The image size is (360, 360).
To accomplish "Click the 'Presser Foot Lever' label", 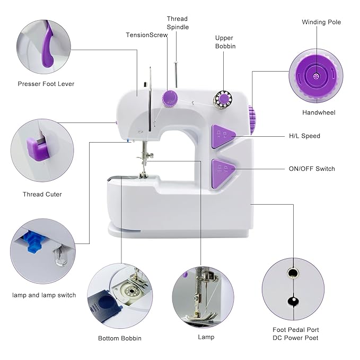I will (x=46, y=84).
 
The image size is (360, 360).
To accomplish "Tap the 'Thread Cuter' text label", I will (x=42, y=194).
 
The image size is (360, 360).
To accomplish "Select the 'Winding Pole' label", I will (x=321, y=22).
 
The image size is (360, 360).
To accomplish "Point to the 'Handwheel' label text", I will (x=319, y=112).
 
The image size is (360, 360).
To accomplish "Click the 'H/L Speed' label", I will (x=304, y=136).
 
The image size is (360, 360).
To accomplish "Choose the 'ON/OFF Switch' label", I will (x=312, y=169).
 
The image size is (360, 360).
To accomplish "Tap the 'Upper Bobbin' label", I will (x=225, y=42).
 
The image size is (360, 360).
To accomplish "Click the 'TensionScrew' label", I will (x=147, y=35).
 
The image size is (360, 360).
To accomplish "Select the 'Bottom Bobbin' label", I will (x=120, y=338).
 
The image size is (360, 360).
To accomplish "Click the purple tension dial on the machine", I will (x=170, y=98).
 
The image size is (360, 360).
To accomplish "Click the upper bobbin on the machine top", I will (x=223, y=99).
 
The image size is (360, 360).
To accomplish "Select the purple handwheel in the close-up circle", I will (x=317, y=78).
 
